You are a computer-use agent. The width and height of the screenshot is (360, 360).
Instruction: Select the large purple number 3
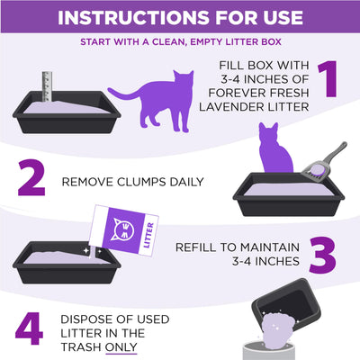(327, 256)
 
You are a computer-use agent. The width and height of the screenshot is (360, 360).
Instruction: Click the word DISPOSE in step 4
(86, 317)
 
